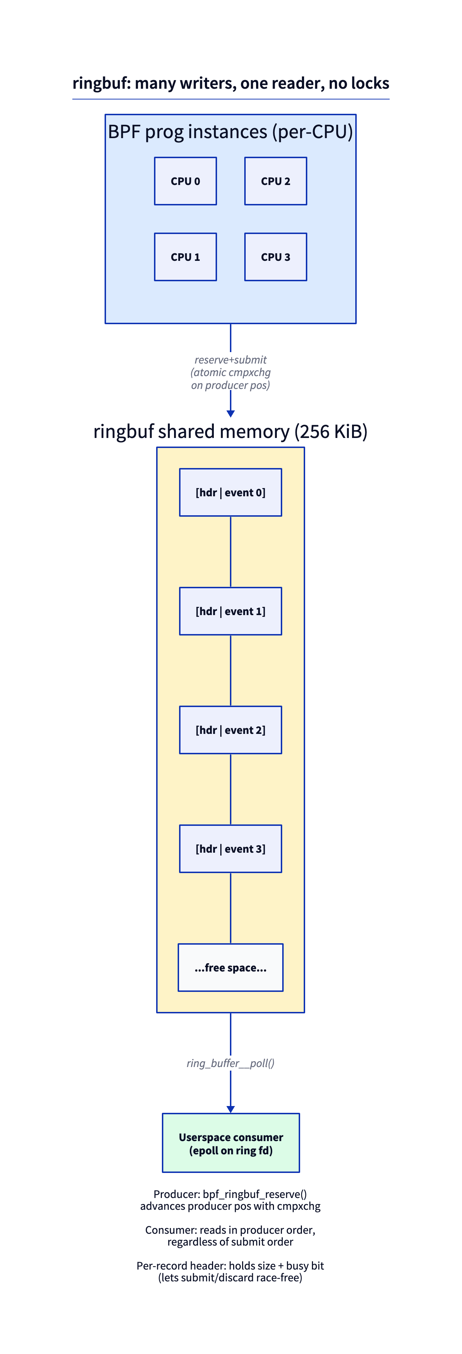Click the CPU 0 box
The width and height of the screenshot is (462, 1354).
pyautogui.click(x=185, y=181)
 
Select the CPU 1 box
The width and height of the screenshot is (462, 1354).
pyautogui.click(x=185, y=257)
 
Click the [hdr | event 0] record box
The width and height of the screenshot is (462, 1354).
pyautogui.click(x=231, y=492)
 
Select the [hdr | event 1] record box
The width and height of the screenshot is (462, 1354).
pyautogui.click(x=231, y=611)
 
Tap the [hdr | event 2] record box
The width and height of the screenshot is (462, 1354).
pyautogui.click(x=231, y=730)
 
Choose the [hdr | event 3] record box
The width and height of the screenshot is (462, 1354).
pyautogui.click(x=231, y=849)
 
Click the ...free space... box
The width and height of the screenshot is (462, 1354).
pyautogui.click(x=231, y=968)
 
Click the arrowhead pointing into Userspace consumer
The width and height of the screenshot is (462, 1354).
pyautogui.click(x=231, y=1109)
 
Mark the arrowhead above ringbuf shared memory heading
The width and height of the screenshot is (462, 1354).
pyautogui.click(x=231, y=414)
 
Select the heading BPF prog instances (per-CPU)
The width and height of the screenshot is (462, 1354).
pyautogui.click(x=231, y=131)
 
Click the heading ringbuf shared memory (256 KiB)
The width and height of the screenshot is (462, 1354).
pyautogui.click(x=231, y=432)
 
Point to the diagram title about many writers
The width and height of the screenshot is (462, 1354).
pyautogui.click(x=231, y=83)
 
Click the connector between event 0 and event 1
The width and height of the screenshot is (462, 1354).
pyautogui.click(x=231, y=552)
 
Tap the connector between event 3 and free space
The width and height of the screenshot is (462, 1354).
pyautogui.click(x=231, y=908)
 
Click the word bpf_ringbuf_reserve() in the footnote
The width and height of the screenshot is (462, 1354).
pyautogui.click(x=255, y=1194)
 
